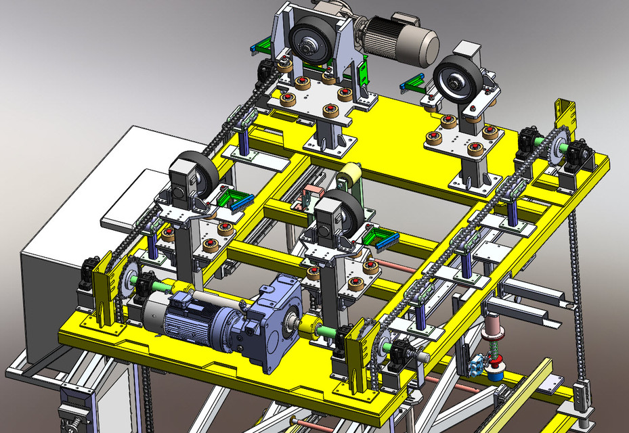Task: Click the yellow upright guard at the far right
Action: point(564,115)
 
